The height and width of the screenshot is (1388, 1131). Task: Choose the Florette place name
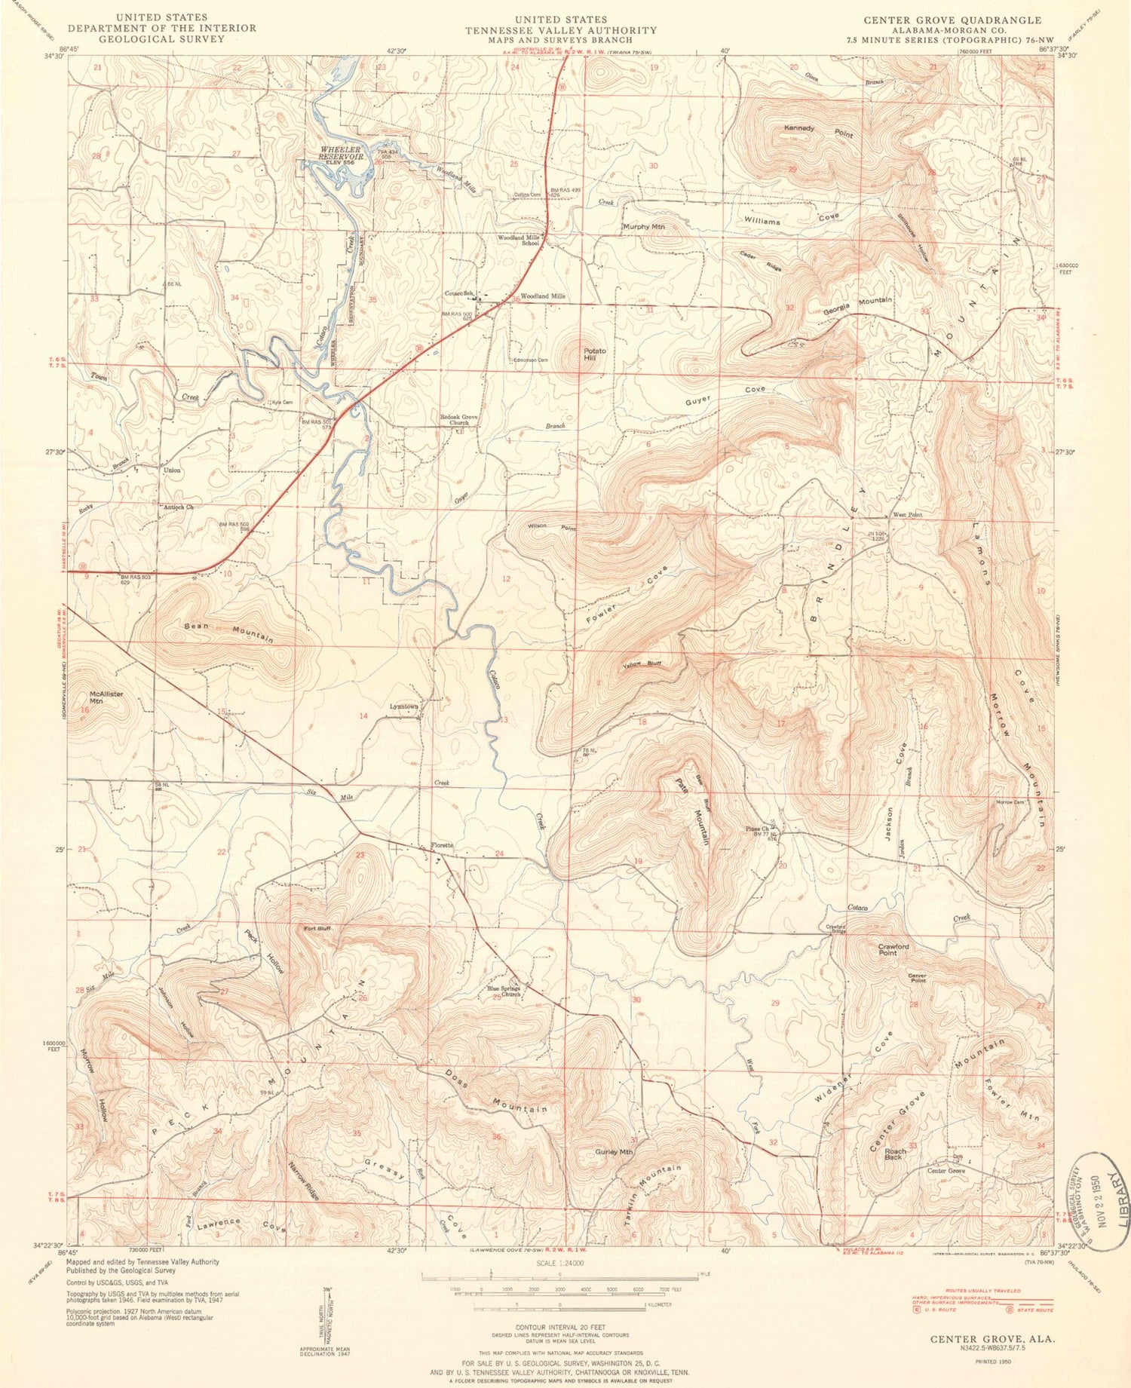coord(442,845)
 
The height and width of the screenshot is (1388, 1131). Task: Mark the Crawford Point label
coord(893,949)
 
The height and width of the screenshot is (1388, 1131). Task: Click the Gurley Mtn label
coord(615,1152)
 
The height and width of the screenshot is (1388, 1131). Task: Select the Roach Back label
coord(895,1154)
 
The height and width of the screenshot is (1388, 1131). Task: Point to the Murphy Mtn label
coord(643,226)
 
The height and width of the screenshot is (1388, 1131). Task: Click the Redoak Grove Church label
coord(459,419)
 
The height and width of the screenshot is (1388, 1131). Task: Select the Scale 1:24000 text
coord(559,1263)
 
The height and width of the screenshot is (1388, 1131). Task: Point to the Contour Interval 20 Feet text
coord(559,1326)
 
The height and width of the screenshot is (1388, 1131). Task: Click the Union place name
coord(172,470)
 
